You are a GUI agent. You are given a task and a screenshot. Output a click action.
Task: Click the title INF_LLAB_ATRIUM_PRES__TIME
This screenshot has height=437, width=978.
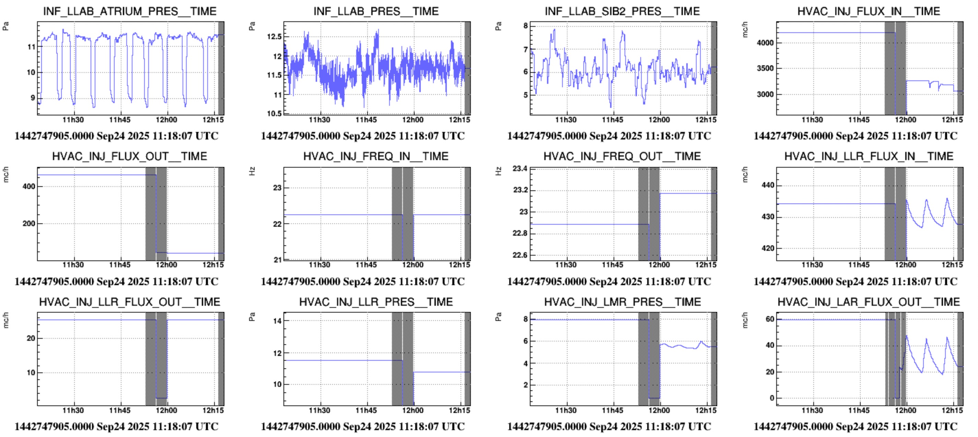(x=129, y=11)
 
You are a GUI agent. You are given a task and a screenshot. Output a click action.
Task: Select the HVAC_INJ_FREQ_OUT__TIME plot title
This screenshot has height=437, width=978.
(x=622, y=156)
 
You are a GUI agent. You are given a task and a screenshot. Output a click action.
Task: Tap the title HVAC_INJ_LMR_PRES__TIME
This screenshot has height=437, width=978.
(x=622, y=302)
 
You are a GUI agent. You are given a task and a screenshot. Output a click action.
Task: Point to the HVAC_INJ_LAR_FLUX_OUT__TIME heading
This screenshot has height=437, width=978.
(x=868, y=302)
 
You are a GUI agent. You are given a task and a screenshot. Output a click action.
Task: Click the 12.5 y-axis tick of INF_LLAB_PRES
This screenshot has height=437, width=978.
(x=274, y=37)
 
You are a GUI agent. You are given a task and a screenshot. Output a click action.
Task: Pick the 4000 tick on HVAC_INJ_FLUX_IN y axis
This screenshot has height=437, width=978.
(x=765, y=43)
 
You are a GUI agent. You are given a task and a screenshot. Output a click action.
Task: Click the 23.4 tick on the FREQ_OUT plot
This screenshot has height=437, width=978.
(x=520, y=168)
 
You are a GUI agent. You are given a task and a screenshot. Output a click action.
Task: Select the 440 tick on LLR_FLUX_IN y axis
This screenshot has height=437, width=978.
(x=768, y=186)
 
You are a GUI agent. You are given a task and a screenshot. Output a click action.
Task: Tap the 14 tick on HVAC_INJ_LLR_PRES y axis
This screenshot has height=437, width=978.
(x=277, y=321)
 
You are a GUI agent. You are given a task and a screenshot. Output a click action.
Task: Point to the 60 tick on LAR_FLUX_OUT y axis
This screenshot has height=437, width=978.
(x=770, y=319)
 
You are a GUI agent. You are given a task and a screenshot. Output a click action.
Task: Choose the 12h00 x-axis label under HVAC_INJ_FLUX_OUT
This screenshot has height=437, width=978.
(x=166, y=265)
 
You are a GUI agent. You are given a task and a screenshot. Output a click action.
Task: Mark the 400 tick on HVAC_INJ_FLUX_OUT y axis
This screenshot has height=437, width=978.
(x=29, y=187)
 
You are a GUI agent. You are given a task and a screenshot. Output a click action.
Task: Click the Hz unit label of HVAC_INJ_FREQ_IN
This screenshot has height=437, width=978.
(x=252, y=171)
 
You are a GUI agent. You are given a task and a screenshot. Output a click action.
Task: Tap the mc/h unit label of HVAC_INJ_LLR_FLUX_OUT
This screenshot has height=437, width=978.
(x=6, y=320)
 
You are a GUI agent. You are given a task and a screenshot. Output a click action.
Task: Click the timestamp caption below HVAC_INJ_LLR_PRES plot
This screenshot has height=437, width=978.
(x=363, y=427)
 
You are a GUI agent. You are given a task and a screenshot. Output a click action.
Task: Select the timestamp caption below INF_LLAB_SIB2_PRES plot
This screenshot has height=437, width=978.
(x=609, y=136)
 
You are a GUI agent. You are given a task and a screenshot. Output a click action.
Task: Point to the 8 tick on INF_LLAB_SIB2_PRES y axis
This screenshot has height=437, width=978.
(x=525, y=26)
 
